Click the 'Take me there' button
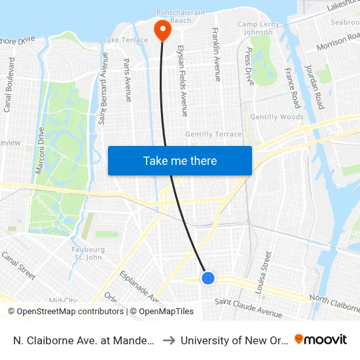179,160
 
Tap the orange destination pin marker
161,29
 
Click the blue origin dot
207,278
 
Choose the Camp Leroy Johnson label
255,28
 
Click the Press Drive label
249,66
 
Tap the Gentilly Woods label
282,117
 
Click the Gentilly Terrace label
213,134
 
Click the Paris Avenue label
128,80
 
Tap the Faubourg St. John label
88,253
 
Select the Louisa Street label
266,268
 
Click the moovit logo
321,340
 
